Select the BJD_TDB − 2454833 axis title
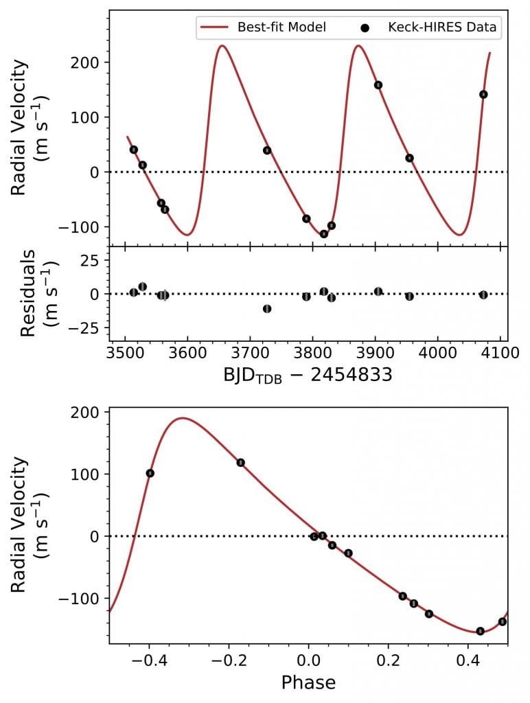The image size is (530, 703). click(x=307, y=376)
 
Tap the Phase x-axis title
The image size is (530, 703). click(x=308, y=682)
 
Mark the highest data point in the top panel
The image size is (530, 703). click(x=378, y=85)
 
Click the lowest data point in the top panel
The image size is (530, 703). click(x=324, y=234)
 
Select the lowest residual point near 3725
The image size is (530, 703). click(x=267, y=309)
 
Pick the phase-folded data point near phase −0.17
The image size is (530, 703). click(x=241, y=463)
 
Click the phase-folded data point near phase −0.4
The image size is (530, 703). click(x=150, y=473)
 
